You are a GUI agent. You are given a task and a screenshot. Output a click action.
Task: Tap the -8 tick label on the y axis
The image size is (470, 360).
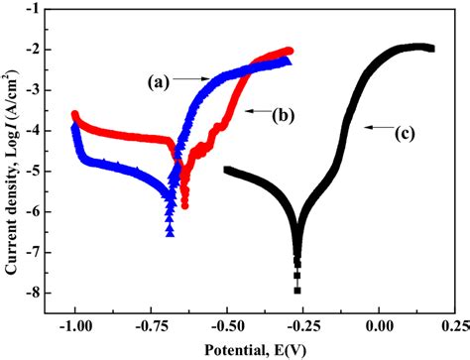point(33,293)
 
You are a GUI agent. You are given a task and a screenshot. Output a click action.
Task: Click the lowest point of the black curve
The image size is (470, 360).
point(296,291)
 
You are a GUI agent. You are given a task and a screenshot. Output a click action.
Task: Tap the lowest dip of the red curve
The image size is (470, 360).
point(183,203)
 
